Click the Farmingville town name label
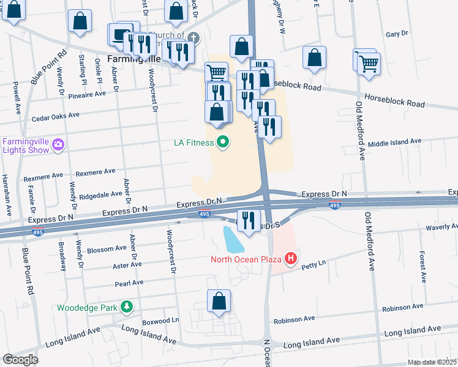(134, 59)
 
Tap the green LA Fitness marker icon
(223, 143)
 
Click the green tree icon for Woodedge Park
(126, 307)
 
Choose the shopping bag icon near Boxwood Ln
(219, 301)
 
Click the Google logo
(20, 360)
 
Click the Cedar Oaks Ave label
(56, 115)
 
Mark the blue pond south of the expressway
(233, 240)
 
